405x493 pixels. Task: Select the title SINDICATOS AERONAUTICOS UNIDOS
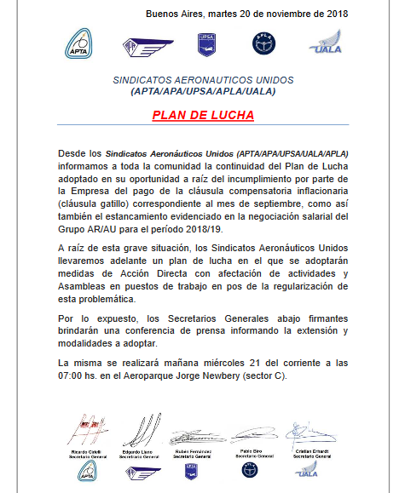pos(203,78)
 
